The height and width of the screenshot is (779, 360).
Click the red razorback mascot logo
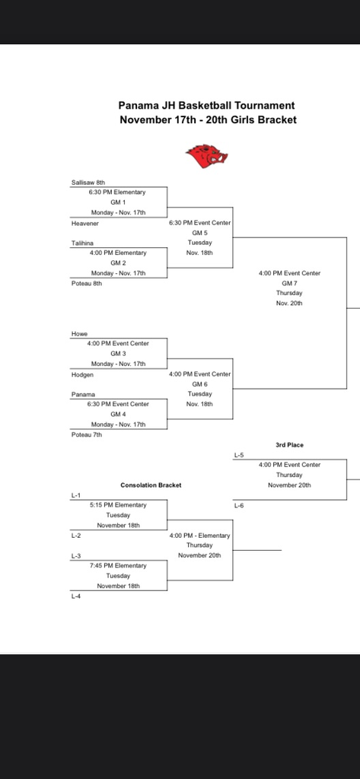coord(207,156)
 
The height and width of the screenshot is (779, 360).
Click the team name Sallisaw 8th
coord(88,183)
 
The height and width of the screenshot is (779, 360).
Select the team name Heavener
coord(84,224)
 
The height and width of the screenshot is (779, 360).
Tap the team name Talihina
coord(83,243)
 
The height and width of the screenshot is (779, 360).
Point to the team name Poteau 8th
coord(86,283)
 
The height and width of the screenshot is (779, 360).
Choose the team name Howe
coord(79,334)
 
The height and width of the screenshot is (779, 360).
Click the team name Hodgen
coord(82,375)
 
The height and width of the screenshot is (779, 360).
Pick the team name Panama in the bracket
coord(83,394)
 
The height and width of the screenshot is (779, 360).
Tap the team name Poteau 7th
coord(86,434)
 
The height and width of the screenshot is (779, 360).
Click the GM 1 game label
coord(118,202)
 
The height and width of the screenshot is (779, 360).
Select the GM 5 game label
coord(199,233)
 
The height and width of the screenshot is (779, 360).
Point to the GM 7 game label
coord(289,283)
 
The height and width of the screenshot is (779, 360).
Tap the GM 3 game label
coord(118,354)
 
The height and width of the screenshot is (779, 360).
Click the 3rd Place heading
coord(289,444)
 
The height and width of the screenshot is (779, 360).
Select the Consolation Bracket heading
coord(151,485)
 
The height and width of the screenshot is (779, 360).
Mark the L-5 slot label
coord(239,455)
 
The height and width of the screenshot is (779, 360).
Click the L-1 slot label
coord(76,495)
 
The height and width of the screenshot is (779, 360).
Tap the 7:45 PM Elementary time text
coord(118,565)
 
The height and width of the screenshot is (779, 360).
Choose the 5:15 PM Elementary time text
coord(118,504)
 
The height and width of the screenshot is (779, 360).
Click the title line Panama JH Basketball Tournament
coord(206,106)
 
